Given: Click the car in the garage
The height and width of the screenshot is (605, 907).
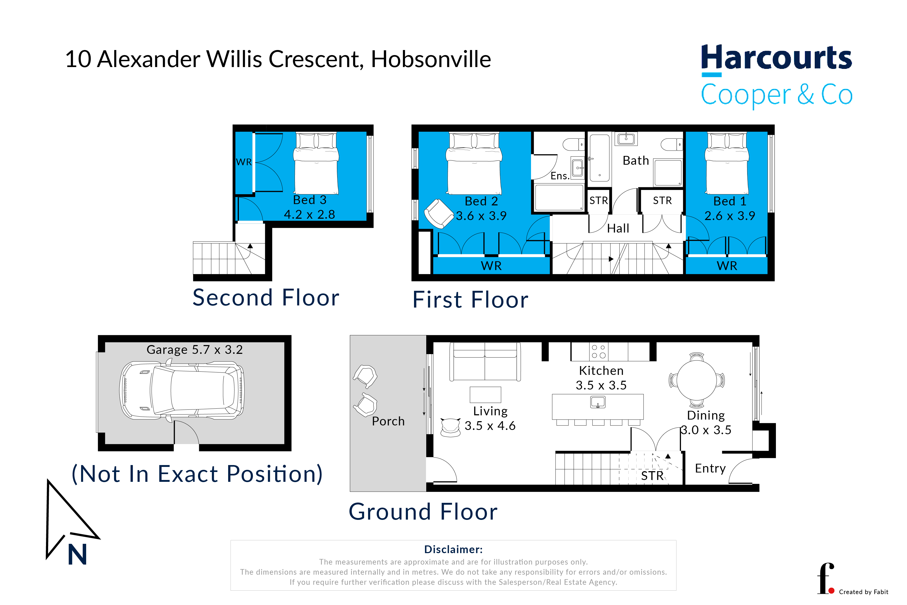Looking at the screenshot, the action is coord(182,391).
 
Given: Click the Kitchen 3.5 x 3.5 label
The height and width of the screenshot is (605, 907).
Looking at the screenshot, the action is coord(601,378).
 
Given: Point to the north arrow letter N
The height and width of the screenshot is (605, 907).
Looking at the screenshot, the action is coord(78,555).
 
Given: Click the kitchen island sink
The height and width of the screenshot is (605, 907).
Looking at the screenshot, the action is coord(598,402).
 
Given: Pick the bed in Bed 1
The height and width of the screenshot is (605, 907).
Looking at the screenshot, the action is coord(727,163).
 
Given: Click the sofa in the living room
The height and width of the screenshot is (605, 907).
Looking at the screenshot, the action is coord(485,362).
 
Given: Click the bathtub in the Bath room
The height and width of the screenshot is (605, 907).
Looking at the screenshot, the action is coord(599,158).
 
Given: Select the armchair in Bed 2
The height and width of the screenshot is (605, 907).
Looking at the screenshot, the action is coord(439,213).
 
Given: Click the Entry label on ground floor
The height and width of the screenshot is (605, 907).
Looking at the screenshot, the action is coord(710,469).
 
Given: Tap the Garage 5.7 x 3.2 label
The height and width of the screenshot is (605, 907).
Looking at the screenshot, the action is coord(195,350).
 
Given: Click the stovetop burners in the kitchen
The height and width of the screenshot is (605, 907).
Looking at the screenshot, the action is coord(599,351).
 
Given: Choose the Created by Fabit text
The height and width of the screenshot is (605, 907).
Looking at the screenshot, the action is coord(863,592).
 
